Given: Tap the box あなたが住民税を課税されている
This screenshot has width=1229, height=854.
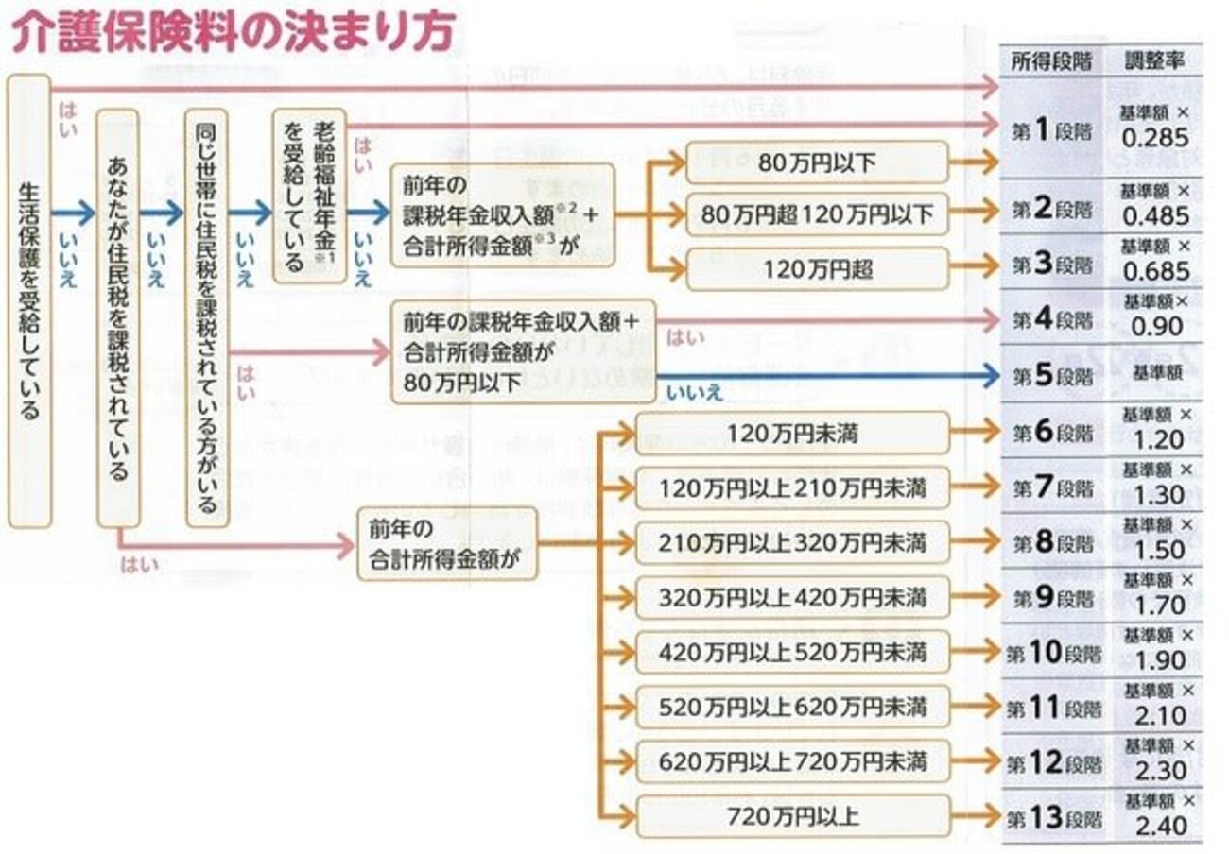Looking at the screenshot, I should click(x=118, y=317).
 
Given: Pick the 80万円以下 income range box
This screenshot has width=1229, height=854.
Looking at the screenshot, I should click(x=817, y=162).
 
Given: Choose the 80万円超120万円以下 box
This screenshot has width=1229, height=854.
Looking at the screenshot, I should click(x=817, y=215).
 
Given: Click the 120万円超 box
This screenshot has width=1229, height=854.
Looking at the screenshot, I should click(x=817, y=269).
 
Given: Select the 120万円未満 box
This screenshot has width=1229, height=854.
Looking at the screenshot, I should click(x=792, y=434).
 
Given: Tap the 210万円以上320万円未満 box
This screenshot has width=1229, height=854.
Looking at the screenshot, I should click(x=792, y=543).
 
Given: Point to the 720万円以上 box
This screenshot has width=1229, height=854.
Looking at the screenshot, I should click(x=792, y=816).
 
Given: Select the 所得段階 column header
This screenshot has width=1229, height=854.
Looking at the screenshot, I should click(x=1050, y=62).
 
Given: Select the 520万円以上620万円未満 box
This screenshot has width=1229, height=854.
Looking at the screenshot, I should click(x=792, y=707).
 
